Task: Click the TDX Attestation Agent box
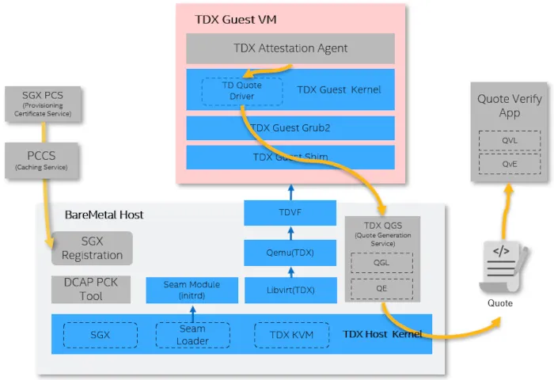(290, 48)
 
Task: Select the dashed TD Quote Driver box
(242, 90)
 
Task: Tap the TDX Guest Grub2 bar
(290, 127)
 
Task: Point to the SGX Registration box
(92, 249)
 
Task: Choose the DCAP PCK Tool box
(92, 290)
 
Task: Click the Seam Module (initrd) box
(192, 290)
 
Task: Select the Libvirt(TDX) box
(290, 291)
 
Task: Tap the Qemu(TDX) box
(290, 253)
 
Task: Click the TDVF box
(290, 213)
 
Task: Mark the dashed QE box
(382, 289)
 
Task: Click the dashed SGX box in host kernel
(101, 334)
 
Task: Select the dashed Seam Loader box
(192, 334)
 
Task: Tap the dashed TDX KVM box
(290, 334)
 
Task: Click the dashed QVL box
(509, 141)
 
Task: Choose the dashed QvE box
(509, 165)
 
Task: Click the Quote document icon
(500, 266)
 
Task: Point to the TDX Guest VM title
(236, 18)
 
